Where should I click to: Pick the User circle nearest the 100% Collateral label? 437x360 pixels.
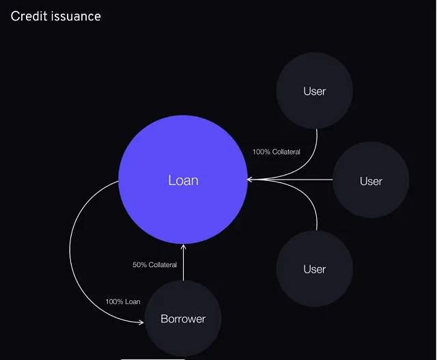[x=314, y=91]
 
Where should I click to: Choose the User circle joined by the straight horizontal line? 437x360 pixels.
[x=371, y=180]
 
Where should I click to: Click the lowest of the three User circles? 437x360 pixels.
[x=314, y=268]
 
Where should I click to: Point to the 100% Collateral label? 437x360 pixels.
[x=276, y=152]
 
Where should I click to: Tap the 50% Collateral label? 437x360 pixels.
[x=154, y=265]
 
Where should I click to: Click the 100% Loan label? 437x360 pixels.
[x=123, y=301]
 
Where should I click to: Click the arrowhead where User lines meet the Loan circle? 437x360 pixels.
[x=250, y=180]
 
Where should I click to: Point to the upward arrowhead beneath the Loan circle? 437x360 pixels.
[x=183, y=247]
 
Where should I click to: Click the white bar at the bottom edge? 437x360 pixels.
[x=152, y=358]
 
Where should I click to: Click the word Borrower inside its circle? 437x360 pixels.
[x=183, y=318]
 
